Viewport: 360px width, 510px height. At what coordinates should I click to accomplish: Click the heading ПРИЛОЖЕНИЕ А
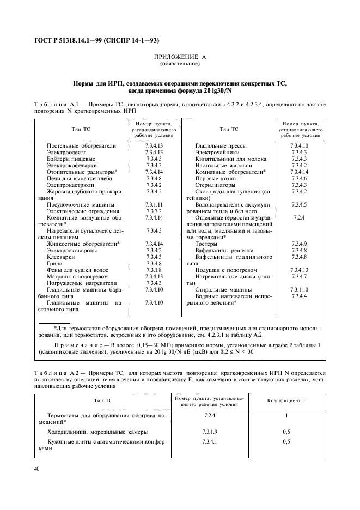180,57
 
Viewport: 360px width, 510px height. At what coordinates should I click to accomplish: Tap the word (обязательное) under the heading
180,64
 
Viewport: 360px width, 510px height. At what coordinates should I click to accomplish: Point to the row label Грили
55,263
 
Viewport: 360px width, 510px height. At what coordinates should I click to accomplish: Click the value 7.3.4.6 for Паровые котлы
299,179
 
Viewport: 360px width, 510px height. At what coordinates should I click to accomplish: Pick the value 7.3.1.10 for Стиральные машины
299,289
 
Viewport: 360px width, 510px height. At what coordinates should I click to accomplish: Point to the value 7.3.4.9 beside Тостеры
299,244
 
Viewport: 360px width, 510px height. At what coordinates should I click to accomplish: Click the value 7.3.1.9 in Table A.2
209,432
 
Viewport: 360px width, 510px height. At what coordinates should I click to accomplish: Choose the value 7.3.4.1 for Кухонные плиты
209,442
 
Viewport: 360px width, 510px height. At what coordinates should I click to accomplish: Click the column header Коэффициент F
286,401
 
